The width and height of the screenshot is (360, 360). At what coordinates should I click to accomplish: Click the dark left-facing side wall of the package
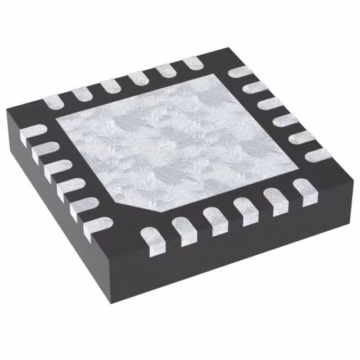click(51, 225)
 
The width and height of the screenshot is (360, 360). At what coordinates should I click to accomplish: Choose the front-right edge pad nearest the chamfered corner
click(152, 236)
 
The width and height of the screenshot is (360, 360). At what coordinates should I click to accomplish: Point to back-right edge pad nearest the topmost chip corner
click(239, 72)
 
